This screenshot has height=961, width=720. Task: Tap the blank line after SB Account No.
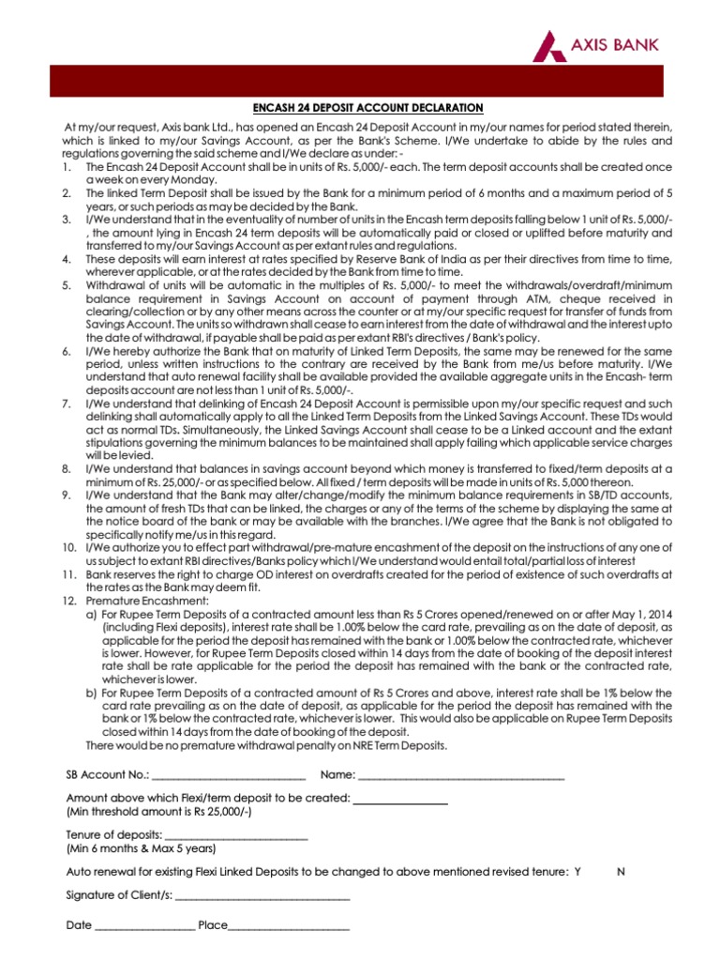pyautogui.click(x=228, y=776)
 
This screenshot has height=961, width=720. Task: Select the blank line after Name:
pyautogui.click(x=461, y=776)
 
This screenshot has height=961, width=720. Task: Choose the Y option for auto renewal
pyautogui.click(x=577, y=872)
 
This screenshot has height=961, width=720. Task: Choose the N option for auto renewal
pyautogui.click(x=622, y=872)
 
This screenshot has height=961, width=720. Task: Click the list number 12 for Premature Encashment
pyautogui.click(x=69, y=599)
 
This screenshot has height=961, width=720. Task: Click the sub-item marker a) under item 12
pyautogui.click(x=92, y=613)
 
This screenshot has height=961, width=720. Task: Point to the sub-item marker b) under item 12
pyautogui.click(x=92, y=692)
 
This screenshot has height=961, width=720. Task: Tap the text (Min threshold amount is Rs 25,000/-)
pyautogui.click(x=158, y=811)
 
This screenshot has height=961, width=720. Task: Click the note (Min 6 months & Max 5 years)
pyautogui.click(x=141, y=848)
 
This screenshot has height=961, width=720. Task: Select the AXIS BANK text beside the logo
pyautogui.click(x=623, y=43)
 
